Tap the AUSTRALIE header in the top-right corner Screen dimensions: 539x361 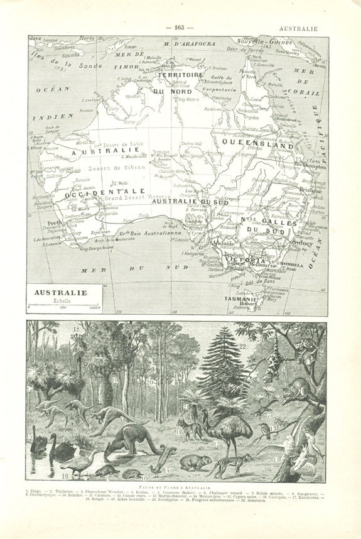tap(298, 28)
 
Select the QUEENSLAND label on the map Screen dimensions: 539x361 tap(256, 144)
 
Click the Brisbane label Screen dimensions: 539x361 tap(311, 208)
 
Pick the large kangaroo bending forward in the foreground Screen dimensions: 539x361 tap(131, 440)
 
